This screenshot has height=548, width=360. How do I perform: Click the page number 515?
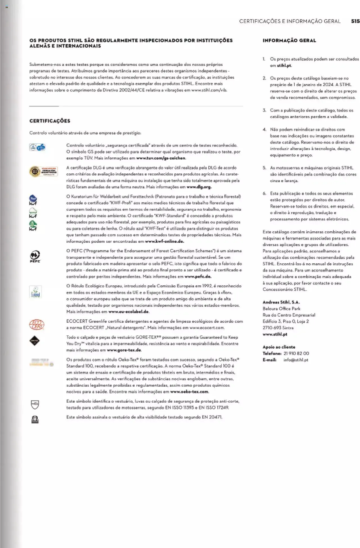(x=355, y=21)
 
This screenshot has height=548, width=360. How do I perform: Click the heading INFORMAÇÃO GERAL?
(x=289, y=40)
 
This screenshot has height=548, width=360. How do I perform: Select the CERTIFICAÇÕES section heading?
(x=50, y=121)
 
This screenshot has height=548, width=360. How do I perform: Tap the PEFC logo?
(x=35, y=256)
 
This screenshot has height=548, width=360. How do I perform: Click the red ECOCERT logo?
(x=37, y=325)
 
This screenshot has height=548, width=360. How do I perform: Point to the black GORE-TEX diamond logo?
(x=35, y=341)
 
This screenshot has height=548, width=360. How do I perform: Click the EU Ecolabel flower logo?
(x=35, y=292)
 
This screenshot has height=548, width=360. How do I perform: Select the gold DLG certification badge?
(x=43, y=171)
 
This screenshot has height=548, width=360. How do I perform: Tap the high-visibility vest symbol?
(x=35, y=420)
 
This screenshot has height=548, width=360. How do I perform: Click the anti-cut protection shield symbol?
(x=35, y=405)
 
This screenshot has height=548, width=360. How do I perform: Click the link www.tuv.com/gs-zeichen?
(x=161, y=158)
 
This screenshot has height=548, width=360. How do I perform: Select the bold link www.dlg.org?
(x=199, y=187)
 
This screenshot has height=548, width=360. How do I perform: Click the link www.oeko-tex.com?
(x=189, y=392)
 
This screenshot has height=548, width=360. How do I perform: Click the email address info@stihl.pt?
(x=296, y=360)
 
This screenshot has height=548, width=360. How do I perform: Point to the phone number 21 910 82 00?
(x=296, y=353)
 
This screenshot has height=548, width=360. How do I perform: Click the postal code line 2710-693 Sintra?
(x=278, y=328)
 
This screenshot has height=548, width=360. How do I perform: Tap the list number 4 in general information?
(x=264, y=130)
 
